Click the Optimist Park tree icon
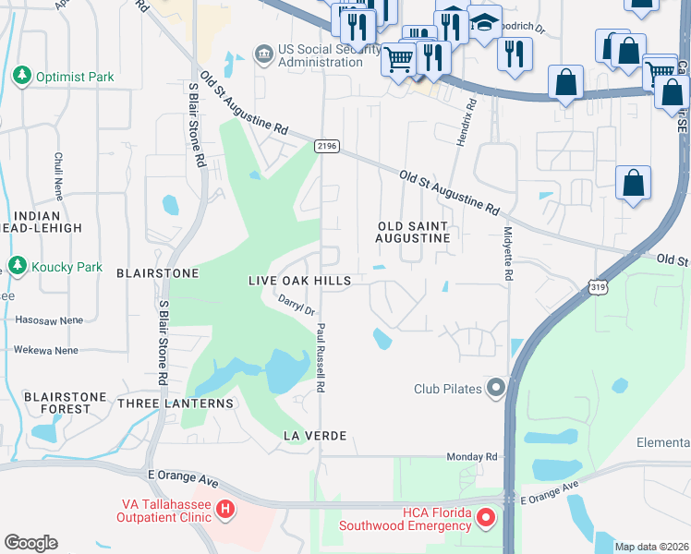(x=21, y=76)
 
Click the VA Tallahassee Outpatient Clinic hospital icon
(x=224, y=510)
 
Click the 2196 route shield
(x=326, y=146)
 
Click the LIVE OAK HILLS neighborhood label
(x=299, y=280)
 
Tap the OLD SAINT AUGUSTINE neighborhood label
(x=412, y=232)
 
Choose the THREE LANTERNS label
(x=176, y=403)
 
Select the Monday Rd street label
(x=471, y=456)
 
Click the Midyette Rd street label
(x=507, y=255)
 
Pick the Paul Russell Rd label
(x=321, y=358)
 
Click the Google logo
(x=30, y=543)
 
